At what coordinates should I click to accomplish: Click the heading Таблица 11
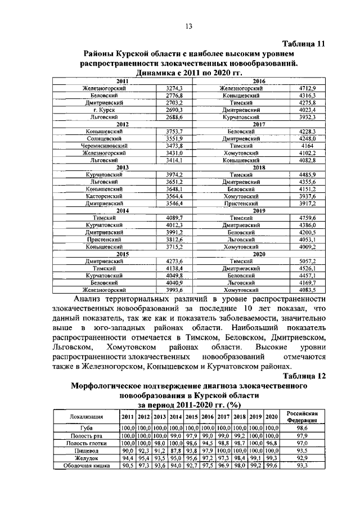[x=304, y=44]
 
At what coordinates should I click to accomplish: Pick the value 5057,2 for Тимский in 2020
[x=307, y=262]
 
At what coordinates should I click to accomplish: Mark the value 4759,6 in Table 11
[x=307, y=218]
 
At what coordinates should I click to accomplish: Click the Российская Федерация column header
[x=303, y=417]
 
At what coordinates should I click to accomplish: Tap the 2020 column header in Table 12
[x=272, y=417]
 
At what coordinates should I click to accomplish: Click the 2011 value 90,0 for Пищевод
[x=128, y=451]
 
